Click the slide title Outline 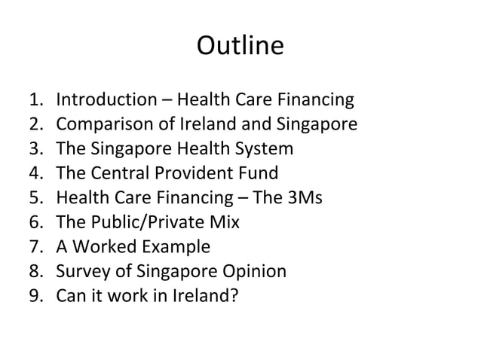tap(240, 47)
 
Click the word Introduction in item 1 tap(106, 100)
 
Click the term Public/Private tap(147, 223)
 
